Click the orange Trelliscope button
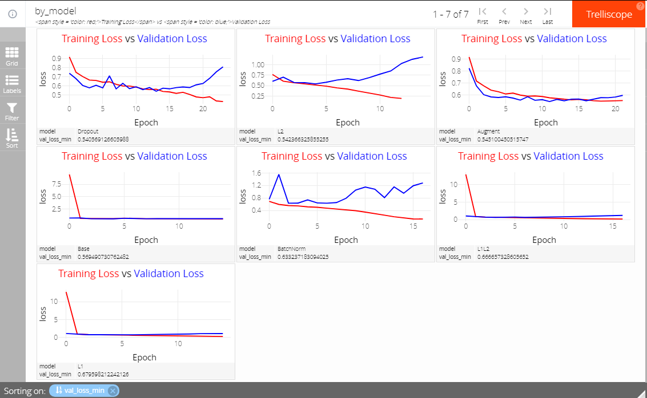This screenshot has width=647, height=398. (609, 14)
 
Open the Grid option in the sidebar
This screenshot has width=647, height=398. (12, 56)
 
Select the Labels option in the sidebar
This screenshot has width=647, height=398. (12, 84)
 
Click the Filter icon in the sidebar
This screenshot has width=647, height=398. (12, 111)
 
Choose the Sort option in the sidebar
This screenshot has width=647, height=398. (12, 139)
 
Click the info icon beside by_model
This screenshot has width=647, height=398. (13, 14)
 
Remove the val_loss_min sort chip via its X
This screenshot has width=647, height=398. (113, 391)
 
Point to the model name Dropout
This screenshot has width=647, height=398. (89, 131)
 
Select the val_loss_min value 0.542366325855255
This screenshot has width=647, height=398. (306, 139)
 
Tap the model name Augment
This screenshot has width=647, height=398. (488, 131)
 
